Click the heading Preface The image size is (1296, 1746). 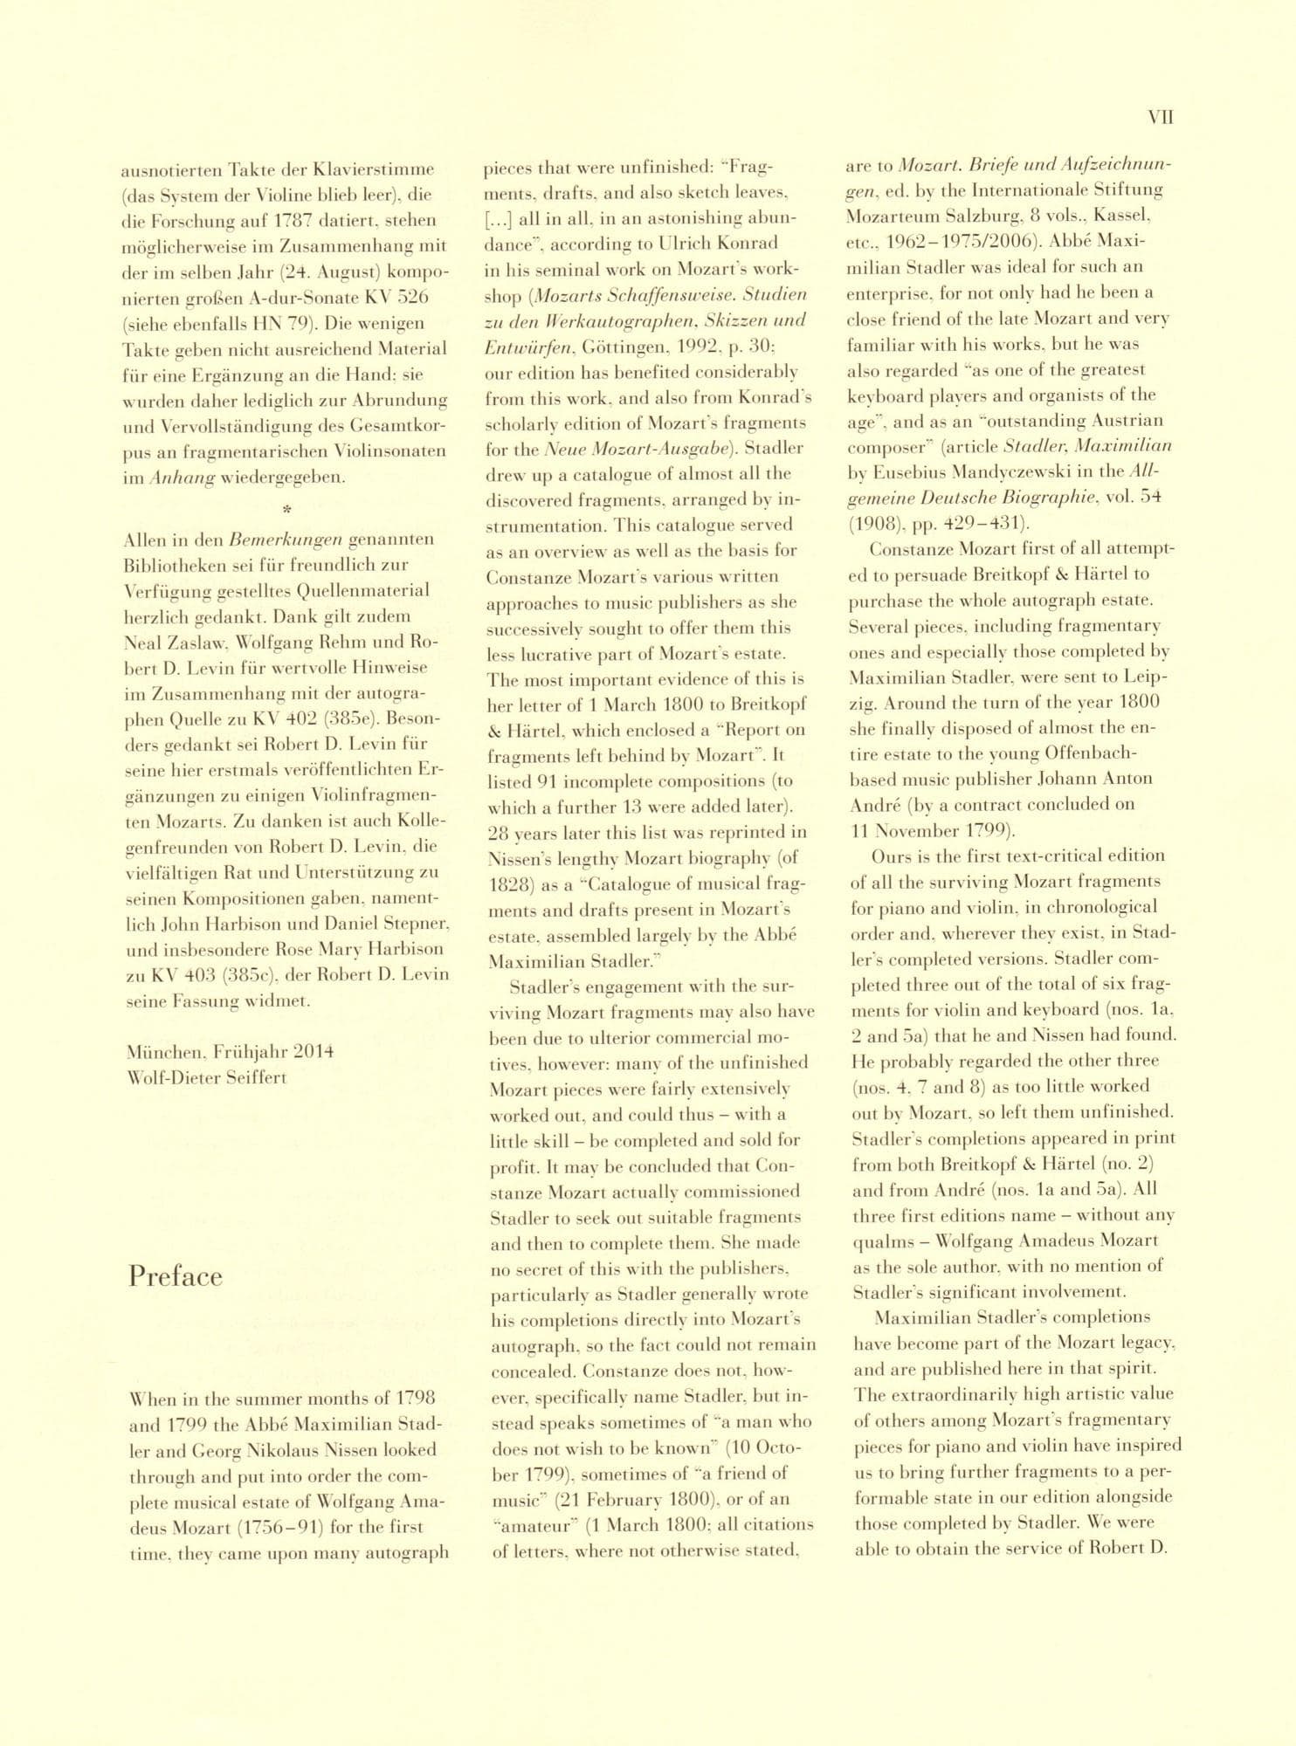[176, 1277]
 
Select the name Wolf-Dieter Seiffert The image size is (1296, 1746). [206, 1077]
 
